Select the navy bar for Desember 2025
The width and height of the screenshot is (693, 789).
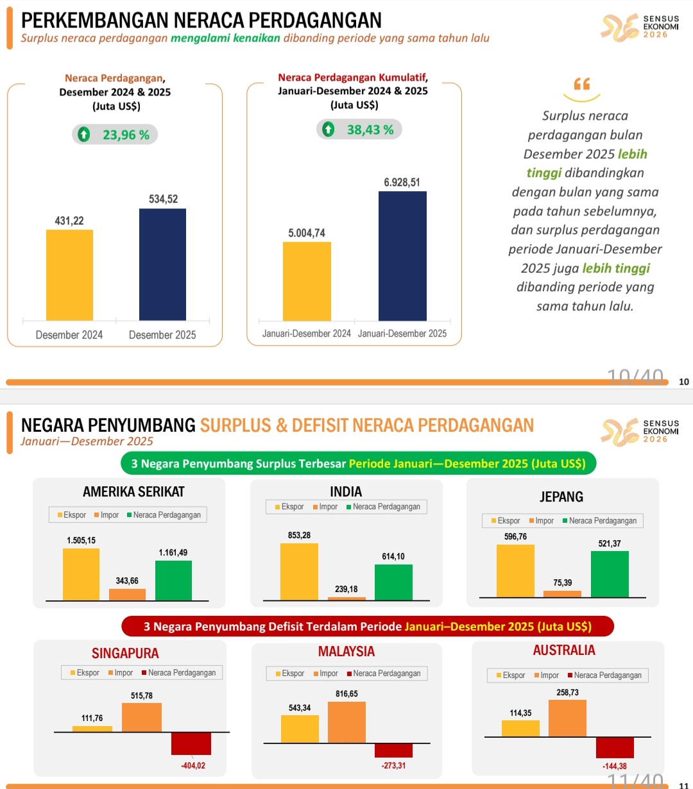click(162, 264)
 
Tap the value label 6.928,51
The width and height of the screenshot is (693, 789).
click(402, 182)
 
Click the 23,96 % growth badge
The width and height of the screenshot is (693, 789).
click(115, 135)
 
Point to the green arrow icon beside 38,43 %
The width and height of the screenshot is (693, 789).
click(329, 130)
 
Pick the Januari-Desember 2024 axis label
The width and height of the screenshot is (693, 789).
click(306, 334)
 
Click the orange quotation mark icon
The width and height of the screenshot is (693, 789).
click(581, 84)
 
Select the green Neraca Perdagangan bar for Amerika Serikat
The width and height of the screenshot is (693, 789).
click(173, 581)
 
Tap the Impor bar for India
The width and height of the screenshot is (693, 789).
click(346, 598)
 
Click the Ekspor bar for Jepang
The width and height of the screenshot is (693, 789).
click(515, 571)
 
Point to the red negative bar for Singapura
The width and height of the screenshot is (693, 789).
click(191, 743)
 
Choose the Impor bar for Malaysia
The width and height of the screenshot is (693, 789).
click(346, 722)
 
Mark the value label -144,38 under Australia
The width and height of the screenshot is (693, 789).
click(614, 766)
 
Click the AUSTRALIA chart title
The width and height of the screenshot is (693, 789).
click(564, 650)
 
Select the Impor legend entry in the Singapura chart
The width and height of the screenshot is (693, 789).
click(120, 673)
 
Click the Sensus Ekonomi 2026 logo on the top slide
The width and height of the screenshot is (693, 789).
click(640, 27)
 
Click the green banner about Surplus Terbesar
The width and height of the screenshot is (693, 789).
click(358, 464)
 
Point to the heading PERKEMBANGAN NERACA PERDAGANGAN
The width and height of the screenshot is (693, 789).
click(201, 21)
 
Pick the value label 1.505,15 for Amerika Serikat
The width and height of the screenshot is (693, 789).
click(81, 540)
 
